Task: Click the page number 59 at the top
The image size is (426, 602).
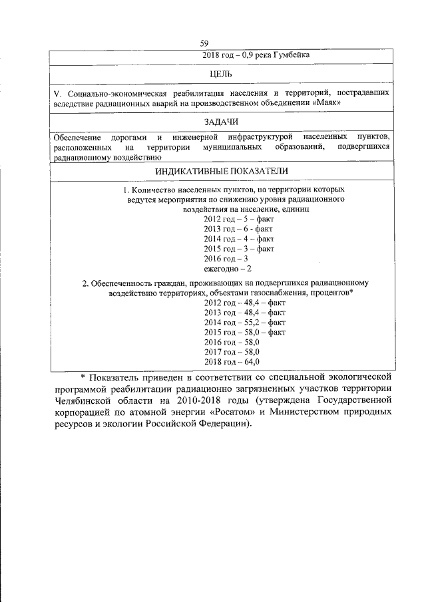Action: [x=213, y=44]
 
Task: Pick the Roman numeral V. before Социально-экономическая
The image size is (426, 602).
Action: [x=57, y=92]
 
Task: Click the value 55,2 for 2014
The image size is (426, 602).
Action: [x=249, y=322]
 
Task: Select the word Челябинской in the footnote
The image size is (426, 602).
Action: [x=83, y=402]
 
